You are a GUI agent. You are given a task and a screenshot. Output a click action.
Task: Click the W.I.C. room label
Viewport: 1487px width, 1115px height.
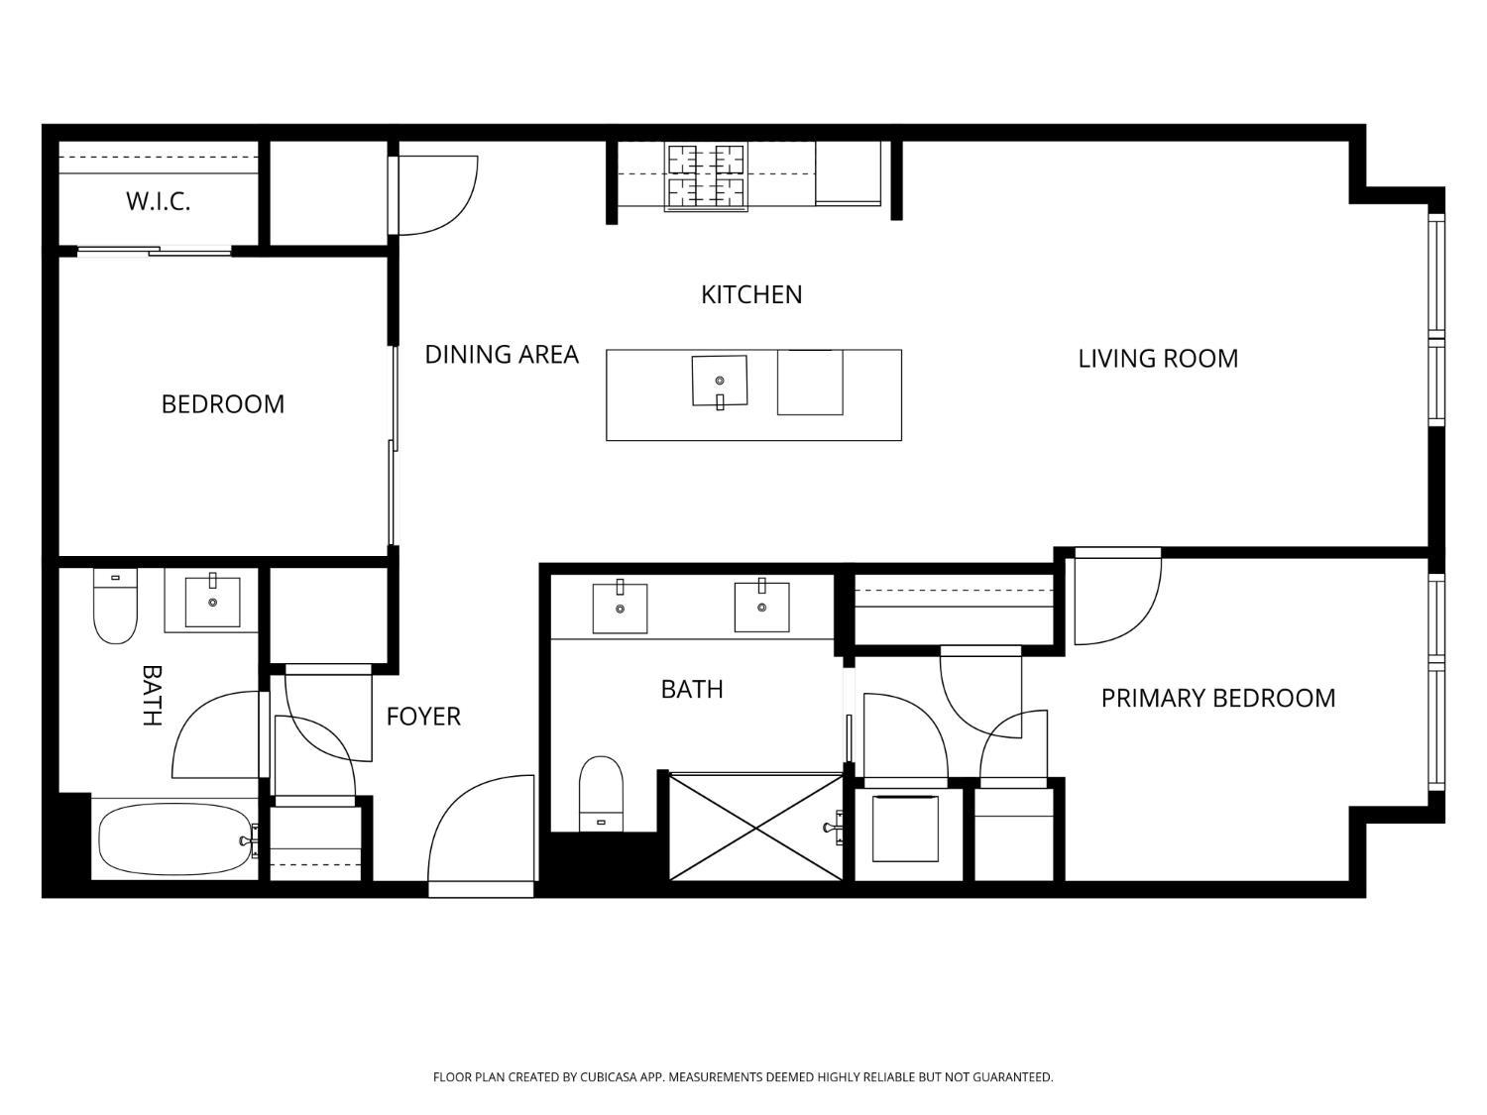point(158,201)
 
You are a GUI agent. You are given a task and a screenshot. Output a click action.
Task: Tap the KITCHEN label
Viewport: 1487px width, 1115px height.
point(751,294)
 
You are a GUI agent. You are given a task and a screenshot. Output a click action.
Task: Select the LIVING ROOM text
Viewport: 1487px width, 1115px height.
point(1158,358)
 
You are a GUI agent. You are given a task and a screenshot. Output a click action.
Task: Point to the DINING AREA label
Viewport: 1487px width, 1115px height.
point(502,354)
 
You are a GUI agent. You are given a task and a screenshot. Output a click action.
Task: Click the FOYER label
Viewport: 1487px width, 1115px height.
point(423,716)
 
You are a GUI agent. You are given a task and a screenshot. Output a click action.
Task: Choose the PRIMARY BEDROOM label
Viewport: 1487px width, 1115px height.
point(1218,698)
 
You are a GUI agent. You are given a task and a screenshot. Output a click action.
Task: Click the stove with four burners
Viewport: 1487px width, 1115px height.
point(706,176)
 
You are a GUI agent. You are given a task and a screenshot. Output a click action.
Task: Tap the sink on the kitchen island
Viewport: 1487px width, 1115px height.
point(720,382)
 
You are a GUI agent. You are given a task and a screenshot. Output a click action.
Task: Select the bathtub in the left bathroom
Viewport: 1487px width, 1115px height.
point(174,839)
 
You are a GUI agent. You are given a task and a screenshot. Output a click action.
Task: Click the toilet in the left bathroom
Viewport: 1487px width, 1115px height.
point(115,606)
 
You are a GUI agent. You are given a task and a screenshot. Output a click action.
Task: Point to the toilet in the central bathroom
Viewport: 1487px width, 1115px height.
point(601,794)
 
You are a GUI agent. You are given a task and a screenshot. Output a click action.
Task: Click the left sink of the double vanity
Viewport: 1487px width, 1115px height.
point(620,608)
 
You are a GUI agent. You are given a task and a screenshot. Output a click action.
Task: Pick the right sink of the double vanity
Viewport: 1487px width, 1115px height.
point(761,606)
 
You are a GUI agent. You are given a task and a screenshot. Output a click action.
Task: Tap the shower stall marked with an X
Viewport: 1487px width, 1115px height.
point(756,828)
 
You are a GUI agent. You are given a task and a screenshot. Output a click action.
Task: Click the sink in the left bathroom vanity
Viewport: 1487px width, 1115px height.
point(213,601)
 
